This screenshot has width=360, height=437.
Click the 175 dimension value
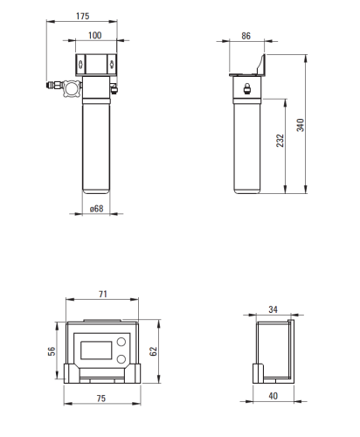tap(82, 16)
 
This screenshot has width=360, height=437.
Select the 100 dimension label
tap(95, 35)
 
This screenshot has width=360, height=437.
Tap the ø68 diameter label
tap(96, 209)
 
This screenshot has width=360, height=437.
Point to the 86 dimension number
tap(246, 36)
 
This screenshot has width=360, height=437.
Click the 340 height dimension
tap(301, 125)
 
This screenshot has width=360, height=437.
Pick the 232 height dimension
tap(280, 141)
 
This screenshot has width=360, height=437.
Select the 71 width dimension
tap(103, 294)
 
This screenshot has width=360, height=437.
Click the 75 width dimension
tap(101, 399)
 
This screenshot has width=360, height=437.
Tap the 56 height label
tap(52, 351)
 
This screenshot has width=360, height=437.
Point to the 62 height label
tap(153, 351)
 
